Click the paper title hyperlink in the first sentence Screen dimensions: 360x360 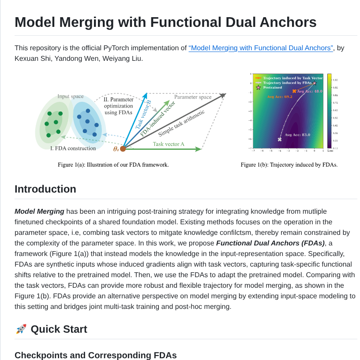[x=261, y=48]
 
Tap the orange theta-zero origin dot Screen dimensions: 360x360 [x=123, y=149]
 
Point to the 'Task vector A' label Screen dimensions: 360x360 [x=169, y=144]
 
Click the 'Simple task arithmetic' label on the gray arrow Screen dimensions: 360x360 [x=181, y=123]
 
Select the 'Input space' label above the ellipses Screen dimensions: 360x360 [x=71, y=96]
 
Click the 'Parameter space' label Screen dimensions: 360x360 [x=192, y=97]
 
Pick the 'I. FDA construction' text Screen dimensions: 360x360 [x=73, y=148]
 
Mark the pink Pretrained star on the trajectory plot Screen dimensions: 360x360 [x=315, y=83]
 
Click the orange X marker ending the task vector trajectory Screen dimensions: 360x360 [x=294, y=91]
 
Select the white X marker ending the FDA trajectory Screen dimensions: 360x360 [x=280, y=139]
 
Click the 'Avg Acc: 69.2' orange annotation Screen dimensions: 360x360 [x=280, y=96]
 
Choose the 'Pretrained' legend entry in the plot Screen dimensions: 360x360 [x=272, y=87]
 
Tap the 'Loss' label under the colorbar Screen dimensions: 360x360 [x=330, y=151]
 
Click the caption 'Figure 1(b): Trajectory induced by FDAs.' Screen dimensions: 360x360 [x=289, y=165]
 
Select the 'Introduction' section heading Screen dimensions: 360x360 [x=45, y=189]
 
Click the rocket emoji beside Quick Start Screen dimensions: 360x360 [x=21, y=329]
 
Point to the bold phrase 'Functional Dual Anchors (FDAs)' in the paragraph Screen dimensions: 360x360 [x=270, y=243]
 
